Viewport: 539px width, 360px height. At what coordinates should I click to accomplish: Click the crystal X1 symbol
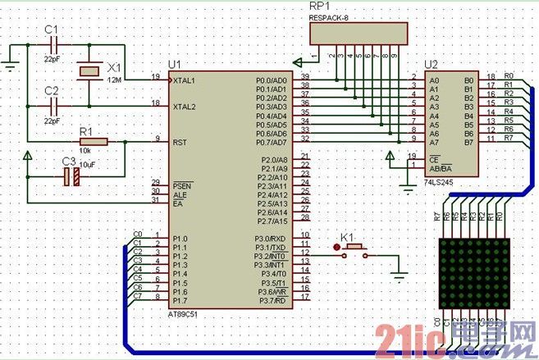pos(86,71)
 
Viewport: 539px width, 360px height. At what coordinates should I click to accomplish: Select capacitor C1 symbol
pos(54,47)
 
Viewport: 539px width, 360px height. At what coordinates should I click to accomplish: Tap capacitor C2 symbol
pos(54,107)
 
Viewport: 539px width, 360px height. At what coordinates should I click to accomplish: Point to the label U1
pos(174,64)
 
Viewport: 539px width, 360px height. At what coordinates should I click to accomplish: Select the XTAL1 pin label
pos(185,80)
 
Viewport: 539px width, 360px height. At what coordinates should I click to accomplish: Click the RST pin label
pos(180,142)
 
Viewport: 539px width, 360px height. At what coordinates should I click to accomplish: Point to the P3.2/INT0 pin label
pos(271,256)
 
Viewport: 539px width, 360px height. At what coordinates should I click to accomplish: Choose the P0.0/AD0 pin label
pos(271,80)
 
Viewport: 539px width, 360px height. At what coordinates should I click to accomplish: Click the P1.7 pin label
pos(180,301)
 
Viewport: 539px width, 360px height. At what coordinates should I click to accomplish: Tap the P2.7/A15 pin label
pos(271,221)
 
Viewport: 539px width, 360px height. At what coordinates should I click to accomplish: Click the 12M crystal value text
pos(114,80)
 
